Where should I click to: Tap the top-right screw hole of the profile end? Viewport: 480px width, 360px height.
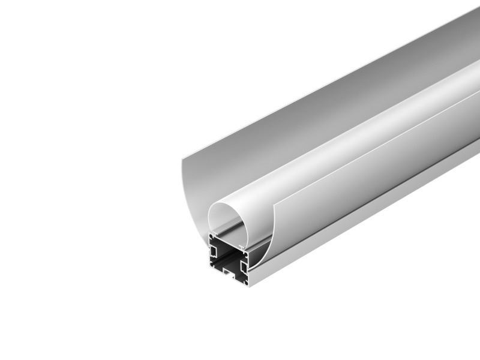[x=245, y=254]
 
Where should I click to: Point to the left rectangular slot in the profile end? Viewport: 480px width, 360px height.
[x=214, y=251]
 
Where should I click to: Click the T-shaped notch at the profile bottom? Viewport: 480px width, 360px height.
[x=229, y=274]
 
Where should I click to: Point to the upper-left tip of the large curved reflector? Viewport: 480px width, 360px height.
[x=182, y=158]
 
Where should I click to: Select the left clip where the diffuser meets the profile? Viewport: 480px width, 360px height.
[x=214, y=234]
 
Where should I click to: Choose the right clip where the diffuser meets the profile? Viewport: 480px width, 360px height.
[x=242, y=247]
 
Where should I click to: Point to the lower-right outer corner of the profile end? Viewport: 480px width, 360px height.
[x=249, y=286]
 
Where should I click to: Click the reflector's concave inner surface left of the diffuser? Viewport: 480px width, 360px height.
[x=195, y=198]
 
